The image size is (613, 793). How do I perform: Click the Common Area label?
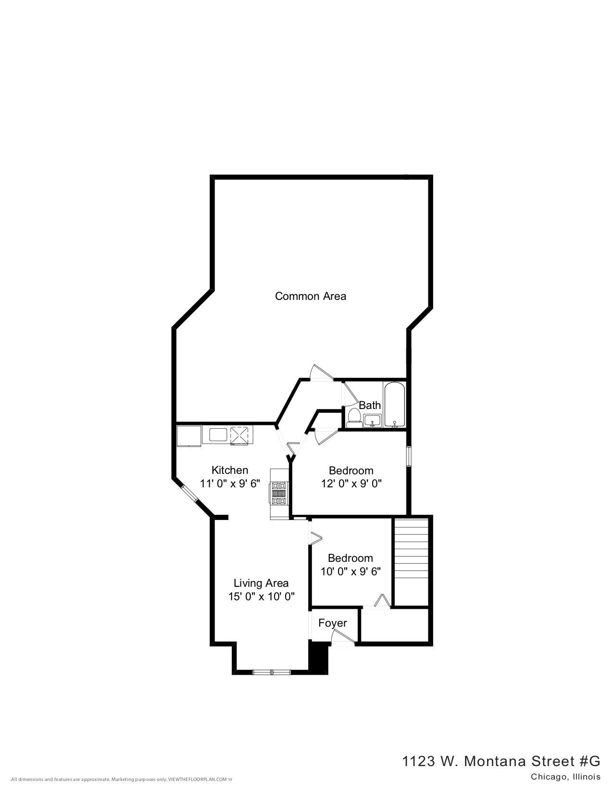click(x=310, y=296)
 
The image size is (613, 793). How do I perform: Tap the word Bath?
click(x=370, y=405)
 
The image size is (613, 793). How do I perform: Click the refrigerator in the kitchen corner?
click(x=189, y=435)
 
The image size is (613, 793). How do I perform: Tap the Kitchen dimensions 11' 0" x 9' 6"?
click(x=230, y=483)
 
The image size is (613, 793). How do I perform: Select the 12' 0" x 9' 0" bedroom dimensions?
click(x=351, y=483)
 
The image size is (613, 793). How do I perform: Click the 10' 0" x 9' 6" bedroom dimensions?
click(x=350, y=571)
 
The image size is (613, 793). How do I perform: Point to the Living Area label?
click(x=261, y=583)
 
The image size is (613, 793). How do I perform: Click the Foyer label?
click(x=333, y=623)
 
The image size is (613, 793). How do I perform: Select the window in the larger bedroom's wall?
click(x=408, y=456)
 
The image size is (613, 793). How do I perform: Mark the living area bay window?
click(x=272, y=671)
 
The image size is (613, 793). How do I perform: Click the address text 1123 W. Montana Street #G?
click(x=501, y=761)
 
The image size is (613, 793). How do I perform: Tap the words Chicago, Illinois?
click(x=565, y=777)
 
